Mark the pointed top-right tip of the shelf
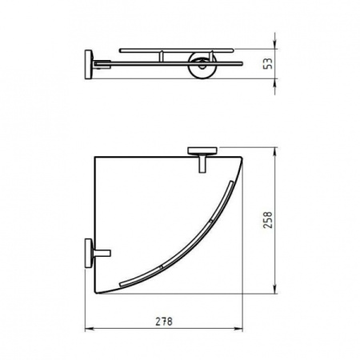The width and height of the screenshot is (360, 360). (x=242, y=153)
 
